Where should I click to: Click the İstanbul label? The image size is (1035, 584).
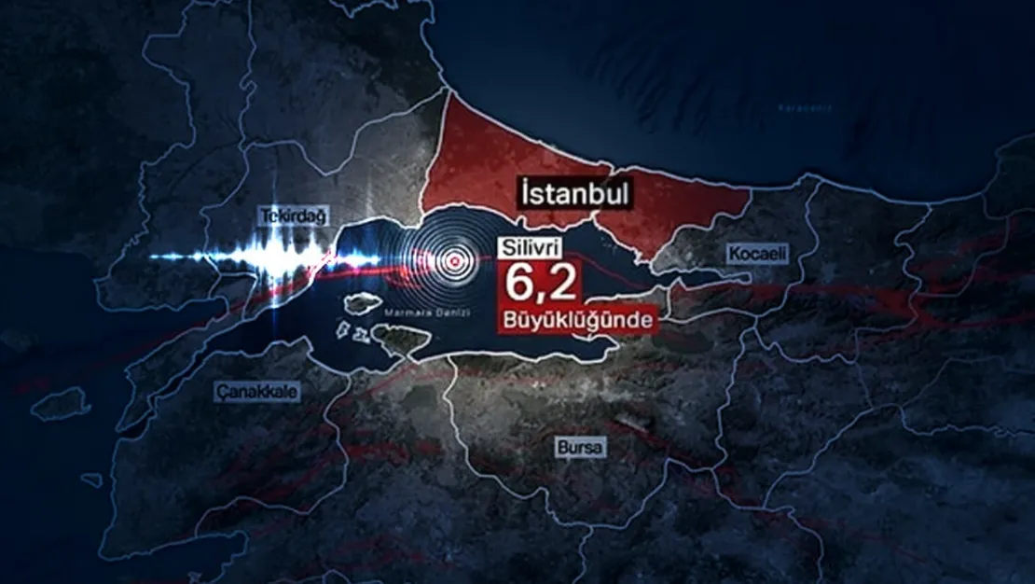click(x=574, y=195)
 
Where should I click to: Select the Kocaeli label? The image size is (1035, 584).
click(x=757, y=254)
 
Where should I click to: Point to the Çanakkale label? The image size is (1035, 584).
click(x=257, y=392)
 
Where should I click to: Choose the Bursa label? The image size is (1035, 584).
click(x=580, y=449)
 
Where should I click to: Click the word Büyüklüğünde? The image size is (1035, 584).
click(x=579, y=321)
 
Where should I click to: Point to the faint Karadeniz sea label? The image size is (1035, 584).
click(x=804, y=108)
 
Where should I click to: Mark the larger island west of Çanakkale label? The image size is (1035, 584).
click(x=62, y=403)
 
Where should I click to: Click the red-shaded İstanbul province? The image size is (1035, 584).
click(x=485, y=159)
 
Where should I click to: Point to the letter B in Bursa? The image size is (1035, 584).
click(x=561, y=449)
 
